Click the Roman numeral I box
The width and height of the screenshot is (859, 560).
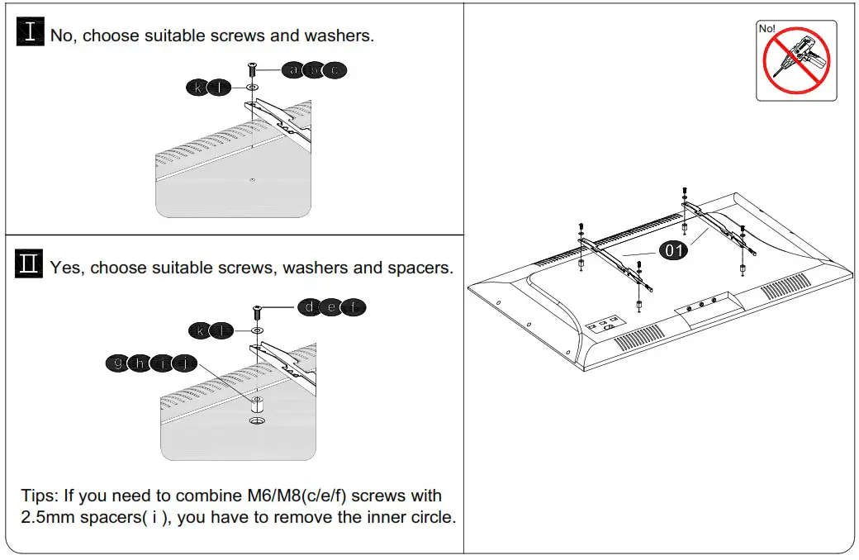coord(31,33)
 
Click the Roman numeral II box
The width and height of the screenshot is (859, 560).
coord(30,265)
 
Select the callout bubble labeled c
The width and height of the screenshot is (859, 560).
coord(334,70)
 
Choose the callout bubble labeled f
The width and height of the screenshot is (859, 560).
coord(353,308)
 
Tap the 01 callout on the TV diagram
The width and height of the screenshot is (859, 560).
coord(674,250)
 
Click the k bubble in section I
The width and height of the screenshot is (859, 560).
coord(198,87)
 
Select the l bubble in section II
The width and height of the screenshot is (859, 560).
coord(221,330)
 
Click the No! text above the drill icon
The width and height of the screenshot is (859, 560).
coord(767,29)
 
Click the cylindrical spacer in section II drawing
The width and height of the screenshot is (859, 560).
coord(257,406)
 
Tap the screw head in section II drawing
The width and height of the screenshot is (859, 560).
coord(257,308)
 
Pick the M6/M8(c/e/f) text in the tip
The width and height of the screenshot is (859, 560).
coord(299,496)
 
